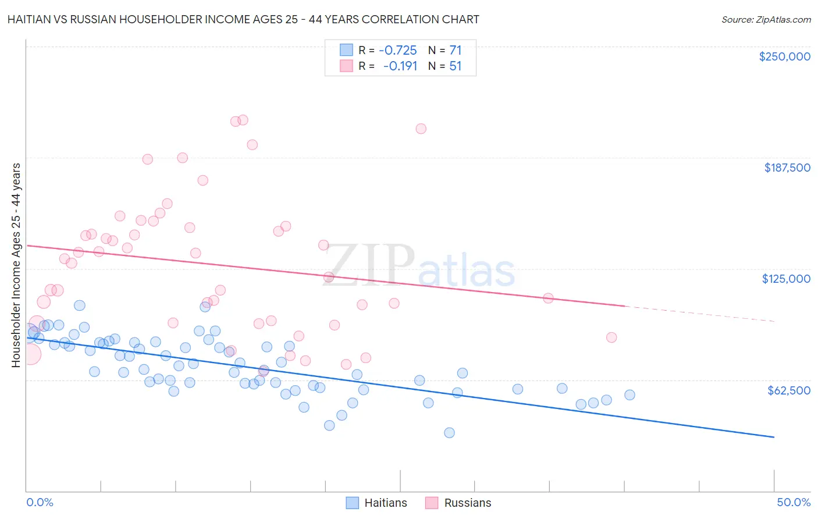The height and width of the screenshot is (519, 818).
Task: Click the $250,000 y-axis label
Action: tap(784, 56)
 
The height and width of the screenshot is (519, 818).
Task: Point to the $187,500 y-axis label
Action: tap(787, 168)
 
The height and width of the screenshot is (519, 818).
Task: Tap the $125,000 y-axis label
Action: tap(786, 279)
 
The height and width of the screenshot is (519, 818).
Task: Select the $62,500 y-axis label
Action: tap(788, 390)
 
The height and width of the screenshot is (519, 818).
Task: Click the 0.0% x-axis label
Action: tap(40, 502)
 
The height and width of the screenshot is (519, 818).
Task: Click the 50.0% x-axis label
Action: tap(794, 502)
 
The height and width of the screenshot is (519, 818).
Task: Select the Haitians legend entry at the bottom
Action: tap(376, 503)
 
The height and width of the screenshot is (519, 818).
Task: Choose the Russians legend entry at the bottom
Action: tap(458, 503)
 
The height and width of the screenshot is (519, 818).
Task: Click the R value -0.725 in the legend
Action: tap(397, 50)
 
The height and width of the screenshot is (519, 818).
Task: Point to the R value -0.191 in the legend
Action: tap(400, 66)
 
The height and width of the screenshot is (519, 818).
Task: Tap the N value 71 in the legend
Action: tap(455, 50)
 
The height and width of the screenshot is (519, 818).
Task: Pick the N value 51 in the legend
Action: tap(455, 66)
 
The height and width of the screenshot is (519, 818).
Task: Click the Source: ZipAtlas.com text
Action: tap(766, 19)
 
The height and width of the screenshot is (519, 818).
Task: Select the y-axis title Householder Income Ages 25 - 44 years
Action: tap(16, 265)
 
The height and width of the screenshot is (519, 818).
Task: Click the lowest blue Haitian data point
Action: tap(449, 432)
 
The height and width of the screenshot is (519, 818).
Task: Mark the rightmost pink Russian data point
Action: tap(611, 337)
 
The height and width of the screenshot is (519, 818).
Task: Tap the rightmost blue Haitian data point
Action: tap(629, 395)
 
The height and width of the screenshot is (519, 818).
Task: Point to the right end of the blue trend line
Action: tap(774, 436)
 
